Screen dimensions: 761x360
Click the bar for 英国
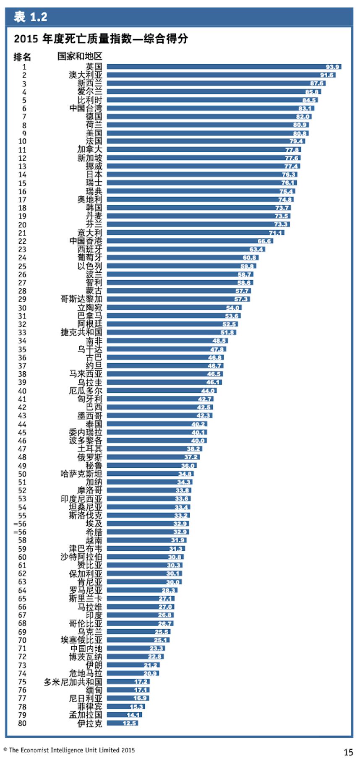[x=224, y=67]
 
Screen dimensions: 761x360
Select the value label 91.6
[x=327, y=75]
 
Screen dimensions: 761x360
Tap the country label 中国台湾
[x=86, y=108]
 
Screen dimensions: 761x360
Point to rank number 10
[x=22, y=141]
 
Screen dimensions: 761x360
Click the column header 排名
[x=22, y=57]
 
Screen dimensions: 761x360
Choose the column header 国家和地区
[x=80, y=56]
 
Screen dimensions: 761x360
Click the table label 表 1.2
[x=31, y=17]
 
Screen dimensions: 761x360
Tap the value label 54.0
[x=232, y=308]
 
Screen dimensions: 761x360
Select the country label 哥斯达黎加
[x=81, y=299]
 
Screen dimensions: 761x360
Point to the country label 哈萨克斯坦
[x=81, y=474]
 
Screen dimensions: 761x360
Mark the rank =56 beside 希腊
[x=20, y=532]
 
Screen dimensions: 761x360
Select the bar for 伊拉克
[x=123, y=723]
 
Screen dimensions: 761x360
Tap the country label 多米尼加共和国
[x=73, y=682]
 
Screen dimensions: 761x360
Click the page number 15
[x=348, y=752]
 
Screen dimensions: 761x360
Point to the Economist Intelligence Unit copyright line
[x=69, y=750]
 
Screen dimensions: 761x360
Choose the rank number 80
[x=22, y=723]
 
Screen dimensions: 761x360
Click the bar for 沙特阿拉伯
[x=145, y=557]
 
